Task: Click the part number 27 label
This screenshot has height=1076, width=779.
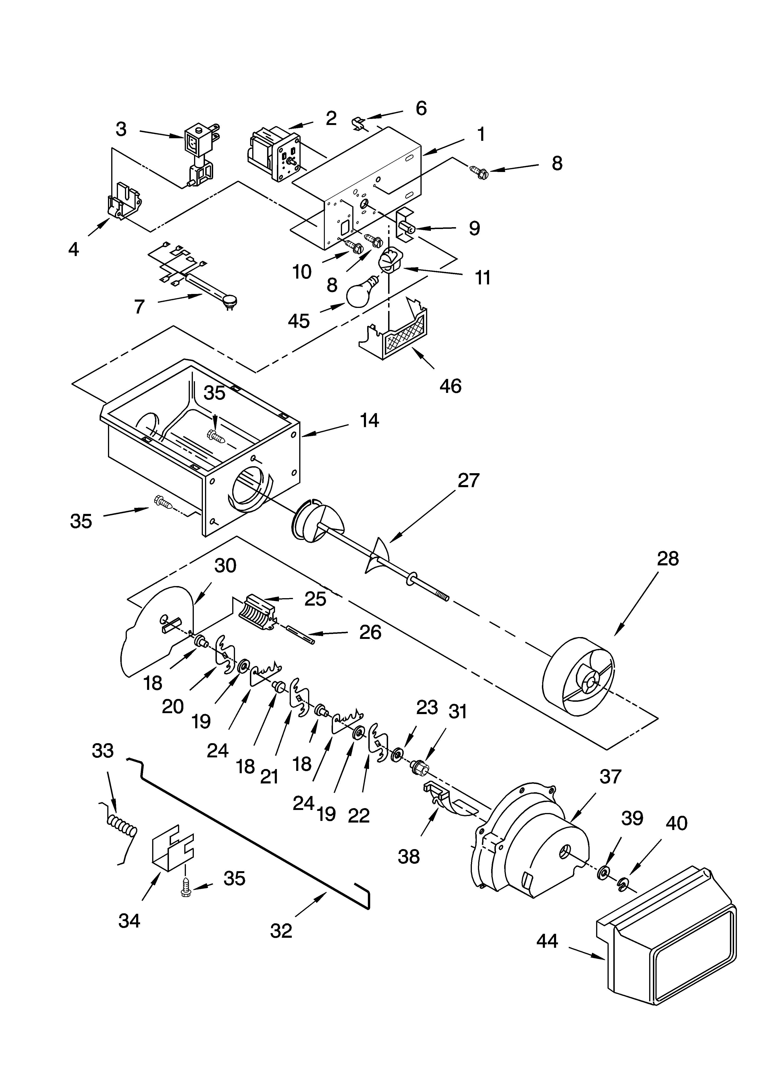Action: pos(468,481)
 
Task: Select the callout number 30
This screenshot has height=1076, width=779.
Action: pos(225,566)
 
